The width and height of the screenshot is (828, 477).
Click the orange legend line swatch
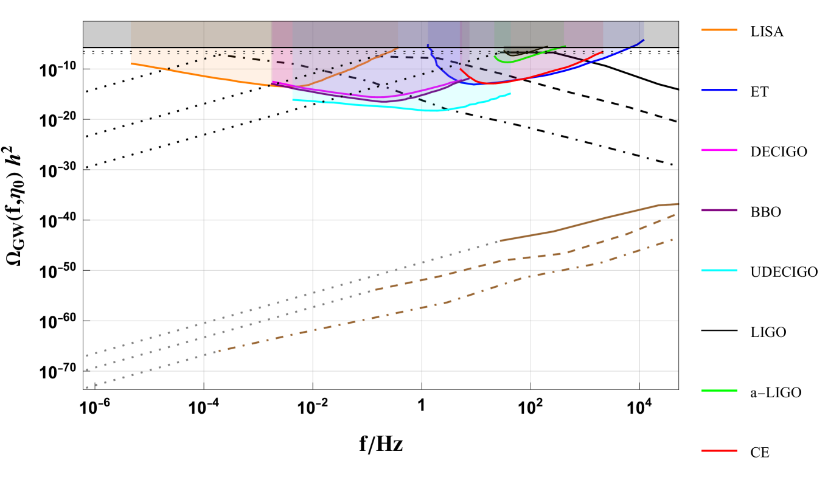click(718, 30)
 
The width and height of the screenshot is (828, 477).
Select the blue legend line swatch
click(718, 90)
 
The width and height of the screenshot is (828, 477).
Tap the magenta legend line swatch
click(718, 150)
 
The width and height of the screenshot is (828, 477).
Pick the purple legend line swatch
click(718, 210)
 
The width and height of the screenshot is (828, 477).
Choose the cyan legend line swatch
click(718, 270)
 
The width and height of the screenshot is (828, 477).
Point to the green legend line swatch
click(718, 390)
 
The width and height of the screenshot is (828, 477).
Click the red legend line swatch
click(718, 450)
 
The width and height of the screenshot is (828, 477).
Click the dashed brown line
click(548, 256)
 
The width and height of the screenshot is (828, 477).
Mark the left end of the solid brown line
click(500, 240)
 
